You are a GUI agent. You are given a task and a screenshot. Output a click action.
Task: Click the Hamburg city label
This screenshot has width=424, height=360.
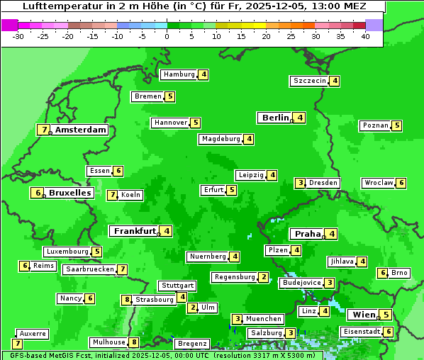(x=179, y=74)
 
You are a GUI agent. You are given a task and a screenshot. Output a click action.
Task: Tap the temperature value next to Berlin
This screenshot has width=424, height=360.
(x=301, y=118)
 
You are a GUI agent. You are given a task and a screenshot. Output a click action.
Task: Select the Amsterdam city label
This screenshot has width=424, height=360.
(x=81, y=130)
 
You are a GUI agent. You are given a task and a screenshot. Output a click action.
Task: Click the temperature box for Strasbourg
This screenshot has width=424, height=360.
(x=128, y=300)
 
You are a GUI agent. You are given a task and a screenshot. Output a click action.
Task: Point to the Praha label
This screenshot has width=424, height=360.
(x=308, y=234)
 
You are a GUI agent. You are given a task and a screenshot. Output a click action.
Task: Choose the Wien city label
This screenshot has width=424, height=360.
(x=363, y=315)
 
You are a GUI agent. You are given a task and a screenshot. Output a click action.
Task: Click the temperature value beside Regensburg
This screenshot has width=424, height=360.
(x=264, y=277)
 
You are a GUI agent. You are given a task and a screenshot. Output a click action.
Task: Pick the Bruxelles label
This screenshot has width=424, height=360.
(x=69, y=193)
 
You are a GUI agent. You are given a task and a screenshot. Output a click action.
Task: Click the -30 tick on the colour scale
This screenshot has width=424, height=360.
(x=18, y=35)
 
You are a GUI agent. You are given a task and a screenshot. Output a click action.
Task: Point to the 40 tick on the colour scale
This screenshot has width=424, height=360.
(x=365, y=35)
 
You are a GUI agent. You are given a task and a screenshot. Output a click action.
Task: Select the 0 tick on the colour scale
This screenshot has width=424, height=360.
(x=167, y=35)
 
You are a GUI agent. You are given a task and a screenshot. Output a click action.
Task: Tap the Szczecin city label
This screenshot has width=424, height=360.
(x=310, y=81)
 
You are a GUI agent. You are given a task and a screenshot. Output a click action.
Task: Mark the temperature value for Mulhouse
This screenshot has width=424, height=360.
(x=134, y=342)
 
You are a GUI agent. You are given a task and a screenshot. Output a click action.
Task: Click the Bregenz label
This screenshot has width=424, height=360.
(x=191, y=344)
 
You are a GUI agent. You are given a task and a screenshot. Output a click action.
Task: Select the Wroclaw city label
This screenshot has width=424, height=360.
(x=379, y=183)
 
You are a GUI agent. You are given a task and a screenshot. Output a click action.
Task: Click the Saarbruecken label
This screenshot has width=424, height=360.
(x=89, y=269)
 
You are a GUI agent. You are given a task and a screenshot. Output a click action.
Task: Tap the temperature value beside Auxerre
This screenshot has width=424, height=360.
(x=17, y=344)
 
